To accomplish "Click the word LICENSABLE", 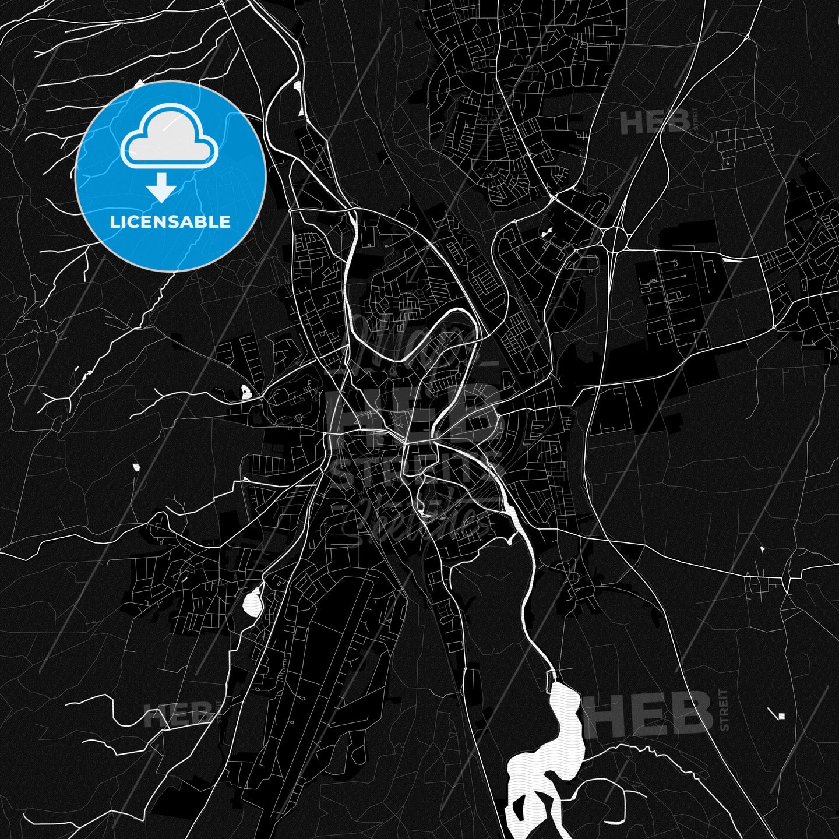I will [x=170, y=222].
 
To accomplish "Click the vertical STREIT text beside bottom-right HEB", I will [x=724, y=710].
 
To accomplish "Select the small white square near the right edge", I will [x=781, y=716].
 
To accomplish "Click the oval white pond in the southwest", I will [x=252, y=601].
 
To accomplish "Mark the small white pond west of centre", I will [x=246, y=392].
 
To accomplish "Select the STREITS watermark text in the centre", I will [x=414, y=472].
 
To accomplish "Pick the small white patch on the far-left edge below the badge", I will [x=136, y=467].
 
